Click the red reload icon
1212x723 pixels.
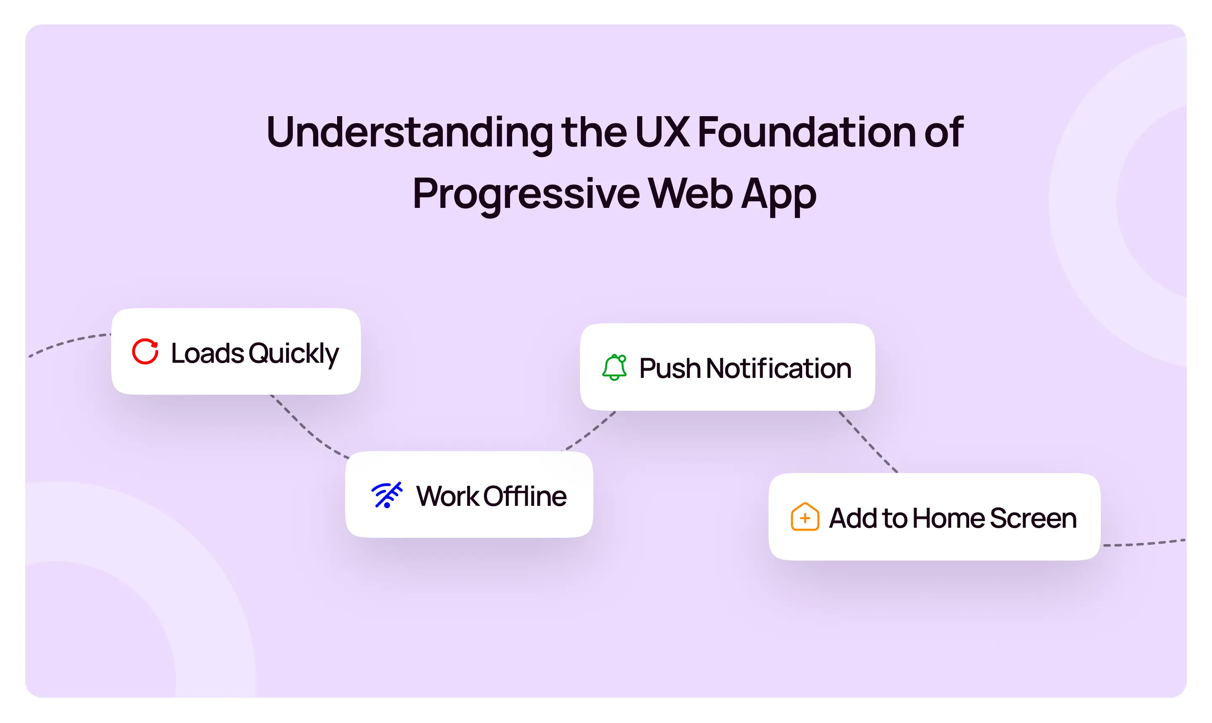(145, 351)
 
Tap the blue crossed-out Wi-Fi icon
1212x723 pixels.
(387, 495)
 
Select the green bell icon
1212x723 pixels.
(614, 367)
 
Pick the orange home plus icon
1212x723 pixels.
(805, 516)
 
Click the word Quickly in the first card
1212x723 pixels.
(294, 354)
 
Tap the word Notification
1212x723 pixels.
(779, 368)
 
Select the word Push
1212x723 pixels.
(670, 368)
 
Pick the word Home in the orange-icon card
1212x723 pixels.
(949, 518)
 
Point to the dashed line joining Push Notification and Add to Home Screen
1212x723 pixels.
(868, 442)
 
